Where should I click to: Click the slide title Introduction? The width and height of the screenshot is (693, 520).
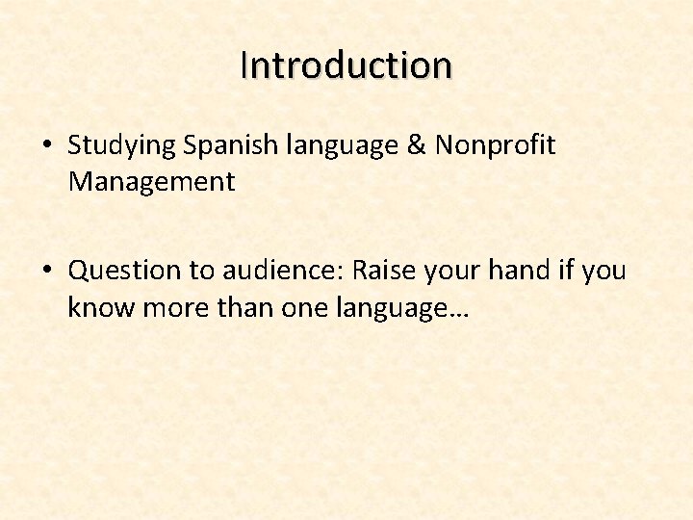point(346,65)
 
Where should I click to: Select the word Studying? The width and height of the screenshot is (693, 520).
point(122,146)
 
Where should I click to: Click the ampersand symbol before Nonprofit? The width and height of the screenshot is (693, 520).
point(416,145)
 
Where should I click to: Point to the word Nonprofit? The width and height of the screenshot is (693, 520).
point(495,145)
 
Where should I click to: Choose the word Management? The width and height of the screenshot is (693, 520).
point(151,181)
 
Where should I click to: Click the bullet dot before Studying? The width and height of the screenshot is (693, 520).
point(46,146)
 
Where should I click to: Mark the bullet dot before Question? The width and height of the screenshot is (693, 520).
point(46,272)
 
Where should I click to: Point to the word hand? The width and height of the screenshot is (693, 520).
point(519,272)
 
